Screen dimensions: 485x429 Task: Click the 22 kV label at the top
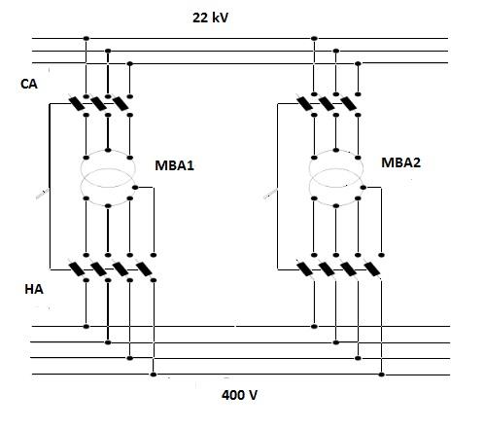210,18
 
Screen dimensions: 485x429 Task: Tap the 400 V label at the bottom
239,395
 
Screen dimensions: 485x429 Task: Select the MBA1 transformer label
174,165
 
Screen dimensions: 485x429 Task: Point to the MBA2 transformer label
400,162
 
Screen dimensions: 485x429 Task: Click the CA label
29,84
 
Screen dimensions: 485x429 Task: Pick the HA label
34,289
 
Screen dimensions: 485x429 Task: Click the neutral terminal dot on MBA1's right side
135,188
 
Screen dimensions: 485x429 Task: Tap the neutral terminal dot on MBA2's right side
364,188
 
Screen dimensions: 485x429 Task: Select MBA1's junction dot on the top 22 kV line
86,38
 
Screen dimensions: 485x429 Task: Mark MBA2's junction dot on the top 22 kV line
314,38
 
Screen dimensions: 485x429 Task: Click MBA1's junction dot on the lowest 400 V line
154,375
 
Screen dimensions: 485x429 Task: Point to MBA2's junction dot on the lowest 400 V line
382,375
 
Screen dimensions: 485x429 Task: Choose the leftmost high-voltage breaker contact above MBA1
77,104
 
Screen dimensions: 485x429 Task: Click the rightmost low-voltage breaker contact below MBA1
144,268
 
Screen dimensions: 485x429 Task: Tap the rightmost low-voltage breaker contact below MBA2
372,268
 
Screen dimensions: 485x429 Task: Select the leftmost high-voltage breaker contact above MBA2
305,103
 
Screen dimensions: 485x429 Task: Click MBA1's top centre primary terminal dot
108,150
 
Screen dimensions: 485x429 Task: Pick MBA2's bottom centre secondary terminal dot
336,205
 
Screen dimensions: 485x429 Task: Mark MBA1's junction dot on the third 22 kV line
130,63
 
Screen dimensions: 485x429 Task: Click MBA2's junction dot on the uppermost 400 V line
314,326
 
